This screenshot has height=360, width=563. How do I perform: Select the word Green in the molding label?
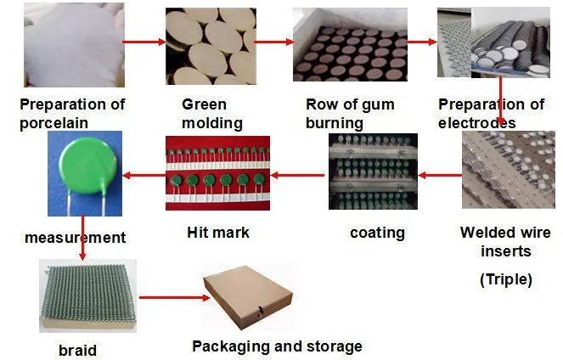point(204,105)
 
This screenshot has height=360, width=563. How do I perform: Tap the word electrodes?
point(476,124)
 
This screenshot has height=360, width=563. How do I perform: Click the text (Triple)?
point(507,279)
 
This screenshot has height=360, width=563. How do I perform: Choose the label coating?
point(377,232)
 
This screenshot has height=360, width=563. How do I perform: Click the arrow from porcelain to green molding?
point(143,42)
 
